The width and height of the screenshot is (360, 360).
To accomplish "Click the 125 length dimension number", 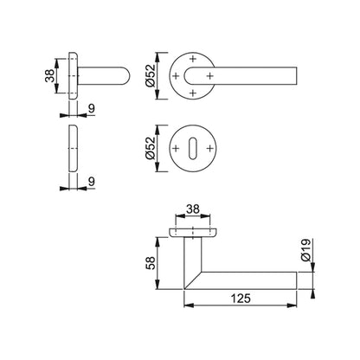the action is coord(241,299).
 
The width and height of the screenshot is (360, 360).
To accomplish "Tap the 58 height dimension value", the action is coord(151,263).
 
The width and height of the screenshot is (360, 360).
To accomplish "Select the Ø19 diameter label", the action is coord(305,250).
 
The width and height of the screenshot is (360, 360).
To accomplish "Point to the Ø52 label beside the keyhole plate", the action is coord(151,148).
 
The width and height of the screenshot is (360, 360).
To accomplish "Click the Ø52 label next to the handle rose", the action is coord(151,76).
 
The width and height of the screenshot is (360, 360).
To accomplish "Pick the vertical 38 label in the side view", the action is coord(50,76).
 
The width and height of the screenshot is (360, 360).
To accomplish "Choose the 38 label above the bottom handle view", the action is coord(193,209).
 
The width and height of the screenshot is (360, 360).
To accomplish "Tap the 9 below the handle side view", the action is coord(92,109).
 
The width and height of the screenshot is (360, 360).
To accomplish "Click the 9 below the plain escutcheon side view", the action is coord(92,182).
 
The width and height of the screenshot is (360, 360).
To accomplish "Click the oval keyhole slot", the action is coord(192,149).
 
